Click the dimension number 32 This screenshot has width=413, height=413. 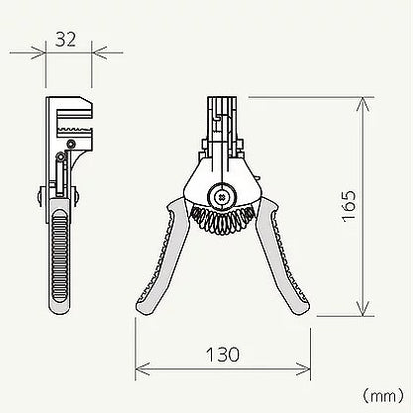point(66,39)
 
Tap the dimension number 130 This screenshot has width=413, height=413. point(222,355)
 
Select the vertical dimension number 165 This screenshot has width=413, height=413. point(349,206)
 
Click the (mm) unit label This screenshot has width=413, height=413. point(383,396)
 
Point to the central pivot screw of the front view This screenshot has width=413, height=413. point(222,197)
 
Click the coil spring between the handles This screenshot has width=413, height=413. point(222,218)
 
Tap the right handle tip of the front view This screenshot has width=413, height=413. point(300,307)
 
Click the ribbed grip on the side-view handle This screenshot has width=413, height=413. point(60,255)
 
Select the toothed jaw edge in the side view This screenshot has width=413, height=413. point(73,129)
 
